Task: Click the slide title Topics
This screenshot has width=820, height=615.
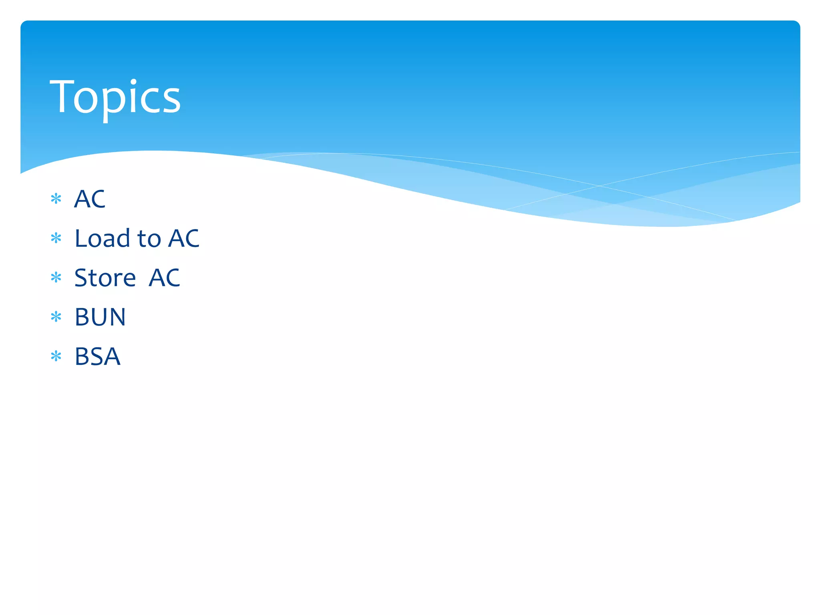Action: [x=115, y=97]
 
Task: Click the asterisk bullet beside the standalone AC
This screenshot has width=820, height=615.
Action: [x=56, y=199]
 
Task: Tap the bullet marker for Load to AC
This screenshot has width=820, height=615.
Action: [x=56, y=238]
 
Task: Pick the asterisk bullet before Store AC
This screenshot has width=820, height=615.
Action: [x=56, y=277]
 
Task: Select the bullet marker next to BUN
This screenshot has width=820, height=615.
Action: [x=56, y=317]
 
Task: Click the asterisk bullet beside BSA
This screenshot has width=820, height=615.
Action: [x=56, y=356]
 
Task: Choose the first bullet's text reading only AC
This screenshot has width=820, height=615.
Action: [x=90, y=199]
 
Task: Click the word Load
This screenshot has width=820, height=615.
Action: [x=102, y=238]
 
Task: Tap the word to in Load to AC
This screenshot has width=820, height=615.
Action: [x=149, y=239]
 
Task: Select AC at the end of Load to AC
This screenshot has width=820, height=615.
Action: [x=183, y=238]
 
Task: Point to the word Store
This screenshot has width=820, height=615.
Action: [x=105, y=277]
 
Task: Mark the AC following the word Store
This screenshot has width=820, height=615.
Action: [x=164, y=277]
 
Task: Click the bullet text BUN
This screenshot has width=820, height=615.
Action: [x=100, y=317]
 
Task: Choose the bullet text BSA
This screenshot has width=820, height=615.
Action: [x=97, y=356]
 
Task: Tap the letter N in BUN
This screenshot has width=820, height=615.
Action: [x=117, y=317]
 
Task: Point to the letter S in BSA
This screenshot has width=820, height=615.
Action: [x=97, y=356]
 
